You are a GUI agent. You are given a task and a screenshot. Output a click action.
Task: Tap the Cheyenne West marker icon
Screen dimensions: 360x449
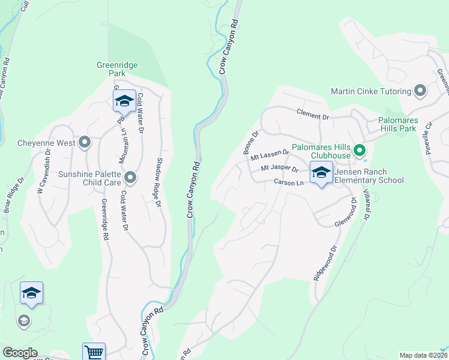coord(85,143)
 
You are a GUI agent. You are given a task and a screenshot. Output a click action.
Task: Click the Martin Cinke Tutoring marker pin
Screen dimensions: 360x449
coord(420,92)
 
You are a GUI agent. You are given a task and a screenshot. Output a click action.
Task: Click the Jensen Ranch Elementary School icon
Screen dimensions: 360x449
coord(322,173)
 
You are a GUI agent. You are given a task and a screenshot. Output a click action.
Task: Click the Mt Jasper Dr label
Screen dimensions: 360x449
coord(282,170)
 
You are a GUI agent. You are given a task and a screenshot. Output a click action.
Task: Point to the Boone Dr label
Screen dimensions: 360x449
coord(251,143)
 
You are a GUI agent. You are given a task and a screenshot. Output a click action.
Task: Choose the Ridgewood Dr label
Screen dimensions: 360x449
coord(324,263)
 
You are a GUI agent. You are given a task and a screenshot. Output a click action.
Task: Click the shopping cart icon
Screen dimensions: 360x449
coord(94,352)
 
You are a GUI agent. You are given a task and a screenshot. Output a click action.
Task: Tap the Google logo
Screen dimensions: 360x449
coord(20,353)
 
